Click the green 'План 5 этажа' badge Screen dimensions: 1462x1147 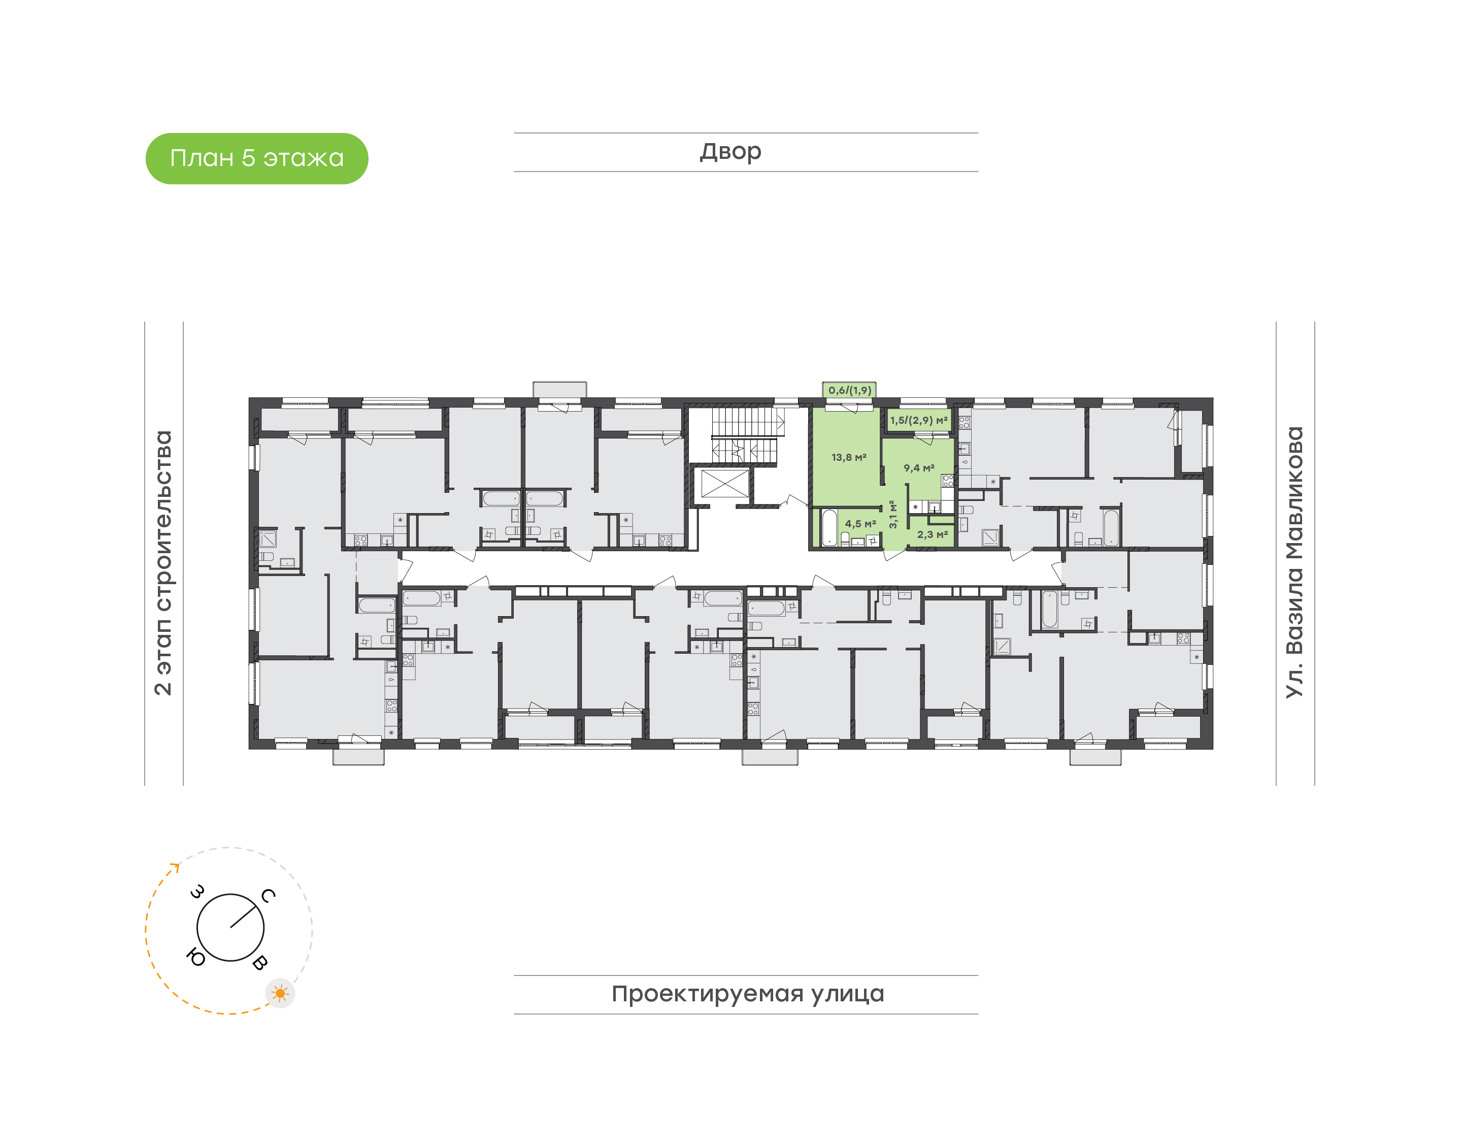tap(256, 158)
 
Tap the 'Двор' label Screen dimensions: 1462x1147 tap(730, 152)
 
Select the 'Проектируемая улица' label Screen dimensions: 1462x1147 tap(747, 994)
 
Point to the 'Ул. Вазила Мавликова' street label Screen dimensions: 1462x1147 tap(1294, 563)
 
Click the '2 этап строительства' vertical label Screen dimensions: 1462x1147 tap(163, 563)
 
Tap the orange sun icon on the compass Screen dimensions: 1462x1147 tap(280, 993)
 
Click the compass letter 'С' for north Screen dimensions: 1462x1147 tap(268, 895)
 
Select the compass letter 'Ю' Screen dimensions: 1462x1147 tap(195, 957)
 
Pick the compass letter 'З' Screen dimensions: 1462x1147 tap(197, 892)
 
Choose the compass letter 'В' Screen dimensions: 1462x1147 tap(260, 962)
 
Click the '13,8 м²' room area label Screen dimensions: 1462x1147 tap(849, 457)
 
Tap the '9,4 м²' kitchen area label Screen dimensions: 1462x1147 tap(919, 467)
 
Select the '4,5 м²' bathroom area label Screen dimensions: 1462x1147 tap(860, 523)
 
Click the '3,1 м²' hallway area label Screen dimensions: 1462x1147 tap(892, 515)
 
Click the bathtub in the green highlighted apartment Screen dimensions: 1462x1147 tap(829, 528)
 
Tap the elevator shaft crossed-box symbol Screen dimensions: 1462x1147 tap(724, 484)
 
